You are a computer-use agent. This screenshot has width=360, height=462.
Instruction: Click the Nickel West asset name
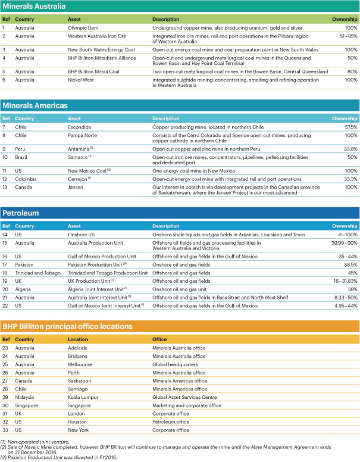tap(82, 79)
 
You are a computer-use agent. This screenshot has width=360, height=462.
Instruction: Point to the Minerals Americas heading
tap(36, 106)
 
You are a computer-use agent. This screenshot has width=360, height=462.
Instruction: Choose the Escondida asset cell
tap(80, 127)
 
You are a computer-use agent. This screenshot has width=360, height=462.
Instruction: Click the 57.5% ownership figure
tap(349, 127)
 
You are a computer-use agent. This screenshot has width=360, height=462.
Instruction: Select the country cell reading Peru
tap(21, 148)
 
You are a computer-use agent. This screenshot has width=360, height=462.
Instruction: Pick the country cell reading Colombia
tap(26, 179)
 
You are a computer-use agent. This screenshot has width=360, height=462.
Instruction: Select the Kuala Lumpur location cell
tap(83, 397)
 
